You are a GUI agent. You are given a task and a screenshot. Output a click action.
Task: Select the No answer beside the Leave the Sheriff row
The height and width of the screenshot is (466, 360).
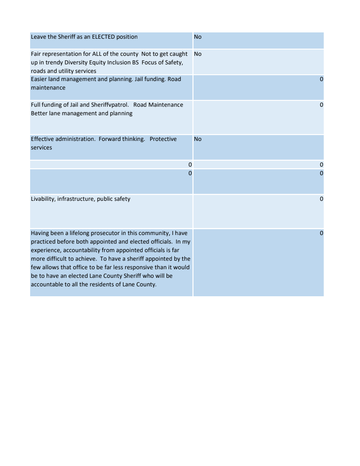pyautogui.click(x=198, y=37)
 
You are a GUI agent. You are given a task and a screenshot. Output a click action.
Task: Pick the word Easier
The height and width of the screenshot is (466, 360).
pyautogui.click(x=39, y=79)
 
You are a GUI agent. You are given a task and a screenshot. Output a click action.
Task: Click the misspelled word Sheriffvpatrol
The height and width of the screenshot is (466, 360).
pyautogui.click(x=110, y=105)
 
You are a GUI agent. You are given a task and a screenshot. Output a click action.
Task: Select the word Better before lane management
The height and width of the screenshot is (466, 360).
pyautogui.click(x=39, y=113)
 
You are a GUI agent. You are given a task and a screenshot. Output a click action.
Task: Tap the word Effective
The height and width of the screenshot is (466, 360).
pyautogui.click(x=42, y=139)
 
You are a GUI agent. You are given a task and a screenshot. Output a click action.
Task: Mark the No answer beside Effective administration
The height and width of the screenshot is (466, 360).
pyautogui.click(x=198, y=139)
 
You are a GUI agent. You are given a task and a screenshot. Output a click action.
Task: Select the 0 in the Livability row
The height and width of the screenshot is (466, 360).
pyautogui.click(x=321, y=199)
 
